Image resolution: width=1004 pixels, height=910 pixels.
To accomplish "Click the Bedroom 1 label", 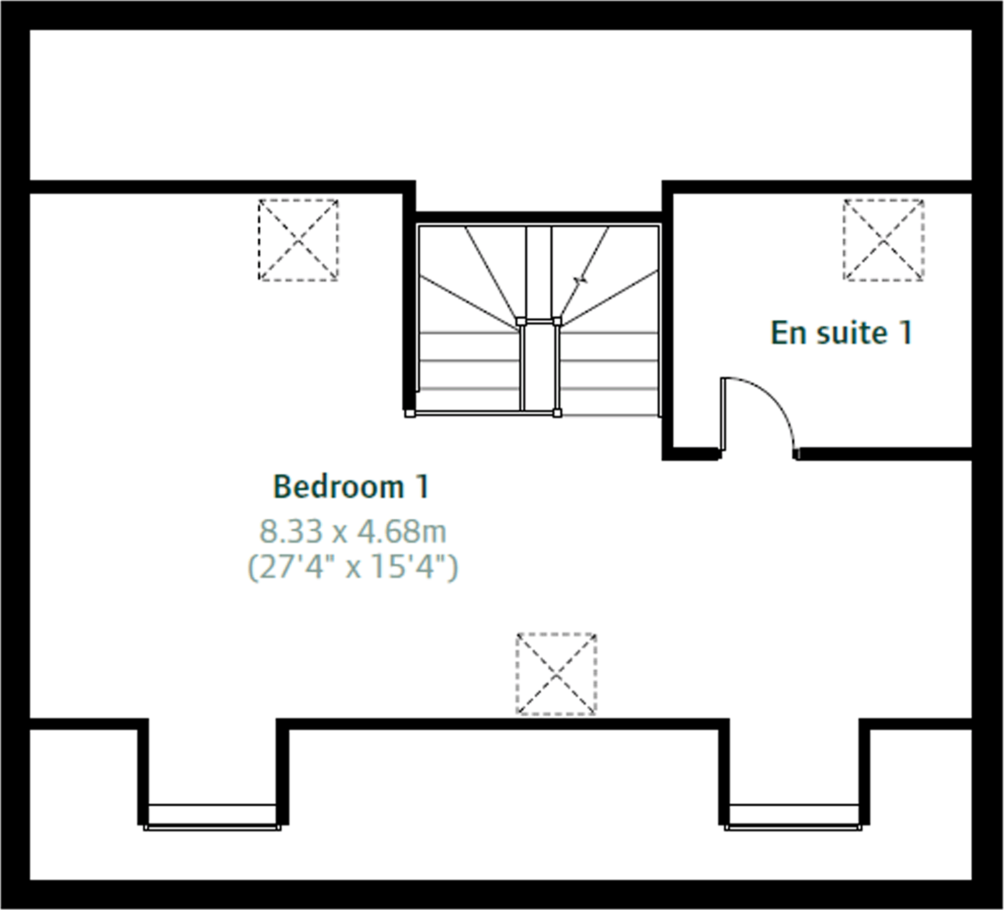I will pyautogui.click(x=351, y=487).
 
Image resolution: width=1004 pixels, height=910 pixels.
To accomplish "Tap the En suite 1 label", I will pyautogui.click(x=841, y=333).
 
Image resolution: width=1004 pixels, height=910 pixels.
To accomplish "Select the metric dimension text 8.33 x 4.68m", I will pyautogui.click(x=352, y=531).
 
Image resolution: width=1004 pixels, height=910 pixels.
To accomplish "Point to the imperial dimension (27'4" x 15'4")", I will pyautogui.click(x=352, y=567).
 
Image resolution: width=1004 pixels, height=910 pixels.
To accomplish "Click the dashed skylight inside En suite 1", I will pyautogui.click(x=884, y=240).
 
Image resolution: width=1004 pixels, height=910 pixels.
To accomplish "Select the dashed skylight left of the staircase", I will pyautogui.click(x=298, y=240).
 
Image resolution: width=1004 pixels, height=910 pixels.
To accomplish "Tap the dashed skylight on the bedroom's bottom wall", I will pyautogui.click(x=556, y=674).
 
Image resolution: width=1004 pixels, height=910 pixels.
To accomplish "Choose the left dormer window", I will pyautogui.click(x=212, y=817).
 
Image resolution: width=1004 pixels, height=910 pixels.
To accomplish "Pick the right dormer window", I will pyautogui.click(x=794, y=817).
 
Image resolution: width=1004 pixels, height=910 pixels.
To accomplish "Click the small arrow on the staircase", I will pyautogui.click(x=581, y=279).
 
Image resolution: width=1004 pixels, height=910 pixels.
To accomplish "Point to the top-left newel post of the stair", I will pyautogui.click(x=521, y=321).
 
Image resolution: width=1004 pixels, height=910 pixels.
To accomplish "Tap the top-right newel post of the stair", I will pyautogui.click(x=557, y=321).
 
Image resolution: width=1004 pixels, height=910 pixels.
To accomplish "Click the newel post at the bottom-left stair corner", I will pyautogui.click(x=410, y=413).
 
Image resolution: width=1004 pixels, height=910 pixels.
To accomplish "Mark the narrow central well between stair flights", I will pyautogui.click(x=539, y=368).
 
